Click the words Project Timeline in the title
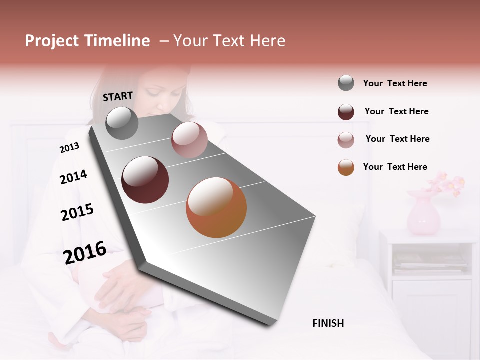point(87,41)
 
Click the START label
point(118,96)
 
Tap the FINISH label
point(328,323)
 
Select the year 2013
point(69,148)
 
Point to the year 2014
point(73,177)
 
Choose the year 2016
point(85,253)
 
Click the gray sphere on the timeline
point(122,123)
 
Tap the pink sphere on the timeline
point(189,140)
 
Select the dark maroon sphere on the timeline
point(145,180)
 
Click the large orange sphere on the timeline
point(216,207)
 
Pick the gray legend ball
point(346,83)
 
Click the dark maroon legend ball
point(346,112)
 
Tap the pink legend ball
point(346,140)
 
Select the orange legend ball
point(346,167)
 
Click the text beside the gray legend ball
point(395,83)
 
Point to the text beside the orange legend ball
point(395,167)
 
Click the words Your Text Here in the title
point(229,41)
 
